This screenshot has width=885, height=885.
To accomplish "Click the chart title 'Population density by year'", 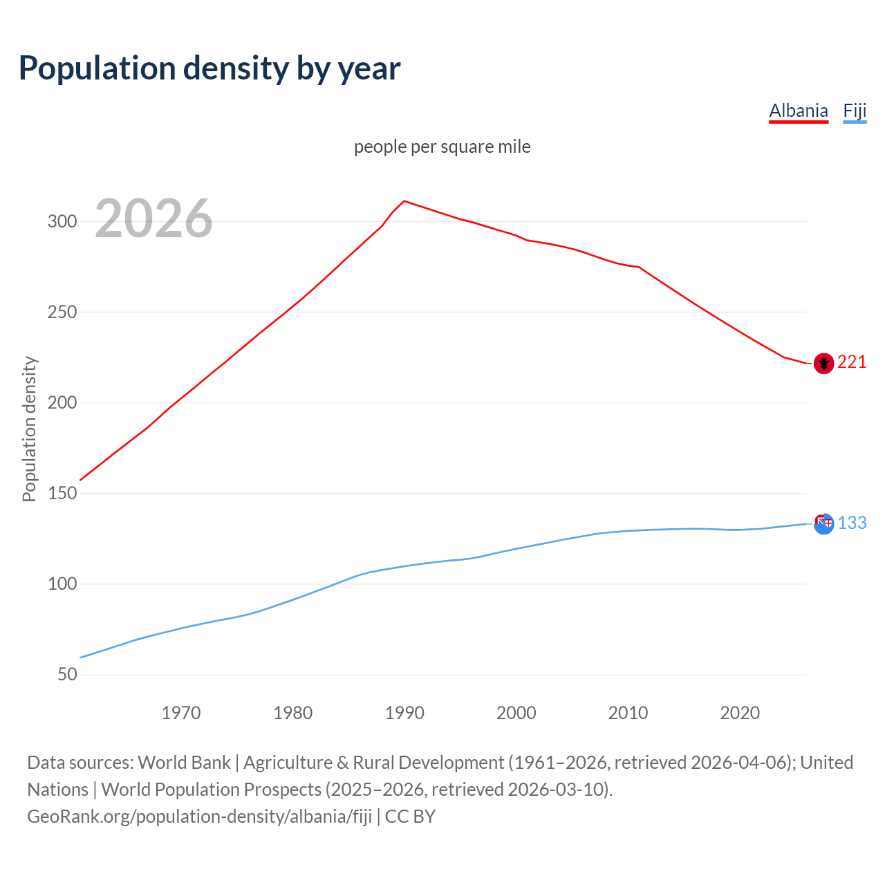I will pyautogui.click(x=209, y=68).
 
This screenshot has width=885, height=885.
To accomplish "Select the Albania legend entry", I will pyautogui.click(x=799, y=111).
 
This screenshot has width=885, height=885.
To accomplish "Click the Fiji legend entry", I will pyautogui.click(x=855, y=111).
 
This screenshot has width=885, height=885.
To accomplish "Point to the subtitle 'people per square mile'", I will pyautogui.click(x=442, y=147).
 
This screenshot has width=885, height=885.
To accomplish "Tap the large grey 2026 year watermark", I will pyautogui.click(x=153, y=218).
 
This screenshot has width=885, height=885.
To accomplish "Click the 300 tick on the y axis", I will pyautogui.click(x=62, y=221).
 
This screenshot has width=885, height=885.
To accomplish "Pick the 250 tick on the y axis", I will pyautogui.click(x=62, y=312).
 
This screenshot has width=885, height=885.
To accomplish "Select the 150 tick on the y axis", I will pyautogui.click(x=62, y=494).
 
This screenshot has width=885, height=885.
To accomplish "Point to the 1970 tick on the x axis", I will pyautogui.click(x=181, y=713).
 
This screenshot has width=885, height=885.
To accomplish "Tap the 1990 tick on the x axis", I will pyautogui.click(x=404, y=713).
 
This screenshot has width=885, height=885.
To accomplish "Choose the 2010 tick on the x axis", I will pyautogui.click(x=628, y=713).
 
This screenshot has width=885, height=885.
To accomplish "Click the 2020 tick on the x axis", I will pyautogui.click(x=740, y=713).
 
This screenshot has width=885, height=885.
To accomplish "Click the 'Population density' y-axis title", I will pyautogui.click(x=29, y=429).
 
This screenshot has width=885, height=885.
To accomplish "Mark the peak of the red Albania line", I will pyautogui.click(x=404, y=201).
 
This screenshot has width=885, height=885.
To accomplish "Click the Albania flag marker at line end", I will pyautogui.click(x=823, y=363).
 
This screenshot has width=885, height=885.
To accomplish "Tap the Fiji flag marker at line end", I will pyautogui.click(x=823, y=523).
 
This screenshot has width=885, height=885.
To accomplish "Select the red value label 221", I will pyautogui.click(x=852, y=362).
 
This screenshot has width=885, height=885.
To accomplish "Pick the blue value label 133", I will pyautogui.click(x=852, y=523).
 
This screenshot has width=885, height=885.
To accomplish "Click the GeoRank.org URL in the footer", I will pyautogui.click(x=200, y=817).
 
